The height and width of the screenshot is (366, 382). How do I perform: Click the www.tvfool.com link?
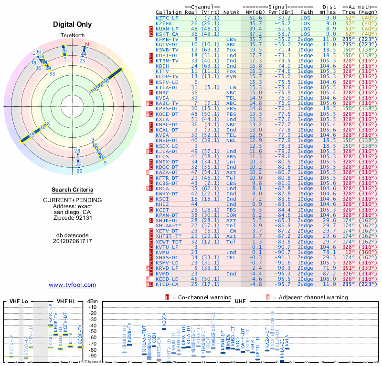click(73, 285)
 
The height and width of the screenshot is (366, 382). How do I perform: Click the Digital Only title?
click(73, 24)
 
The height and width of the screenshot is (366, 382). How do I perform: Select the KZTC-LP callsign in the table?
click(167, 18)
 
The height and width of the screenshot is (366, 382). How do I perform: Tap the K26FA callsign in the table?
click(164, 23)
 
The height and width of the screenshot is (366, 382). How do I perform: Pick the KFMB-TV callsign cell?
click(167, 39)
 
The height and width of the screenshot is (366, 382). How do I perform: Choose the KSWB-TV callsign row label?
click(167, 50)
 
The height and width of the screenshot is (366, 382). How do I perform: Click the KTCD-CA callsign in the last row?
click(167, 284)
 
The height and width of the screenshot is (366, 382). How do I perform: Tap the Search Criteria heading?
click(73, 190)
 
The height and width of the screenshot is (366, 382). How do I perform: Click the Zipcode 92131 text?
click(73, 218)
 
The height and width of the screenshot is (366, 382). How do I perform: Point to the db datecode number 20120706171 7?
click(73, 241)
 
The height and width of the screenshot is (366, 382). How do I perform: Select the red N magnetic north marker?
click(87, 45)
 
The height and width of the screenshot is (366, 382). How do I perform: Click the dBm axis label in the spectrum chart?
click(92, 301)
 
